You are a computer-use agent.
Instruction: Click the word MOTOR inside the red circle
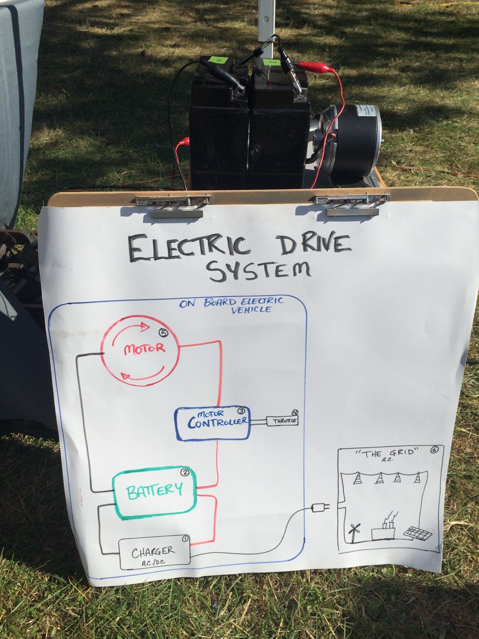[x=144, y=348]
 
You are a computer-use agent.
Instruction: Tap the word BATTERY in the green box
[x=154, y=490]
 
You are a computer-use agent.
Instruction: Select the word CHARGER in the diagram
[x=153, y=552]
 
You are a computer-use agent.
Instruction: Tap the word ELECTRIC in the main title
[x=188, y=247]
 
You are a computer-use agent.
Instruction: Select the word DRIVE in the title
[x=312, y=244]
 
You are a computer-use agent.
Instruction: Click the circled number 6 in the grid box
[x=434, y=450]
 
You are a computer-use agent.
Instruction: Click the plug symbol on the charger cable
[x=319, y=509]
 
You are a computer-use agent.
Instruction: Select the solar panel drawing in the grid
[x=418, y=534]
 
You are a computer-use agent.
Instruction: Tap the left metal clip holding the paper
[x=176, y=205]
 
